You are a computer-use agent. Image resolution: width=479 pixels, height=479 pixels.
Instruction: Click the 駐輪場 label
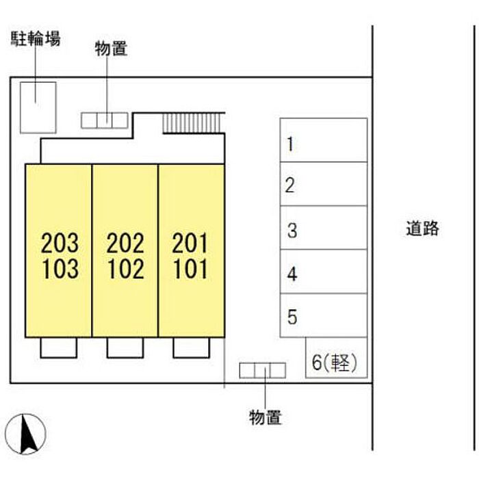pos(35,38)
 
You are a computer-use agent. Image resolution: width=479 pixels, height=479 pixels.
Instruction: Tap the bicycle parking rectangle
pos(38,106)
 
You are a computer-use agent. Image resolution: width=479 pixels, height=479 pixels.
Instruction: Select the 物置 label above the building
pos(111,49)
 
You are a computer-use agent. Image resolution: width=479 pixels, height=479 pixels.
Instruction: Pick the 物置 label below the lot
pos(265,416)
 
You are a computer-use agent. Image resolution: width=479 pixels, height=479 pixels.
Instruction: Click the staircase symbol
pos(192,122)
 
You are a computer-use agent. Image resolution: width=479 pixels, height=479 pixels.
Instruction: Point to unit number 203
pos(60,242)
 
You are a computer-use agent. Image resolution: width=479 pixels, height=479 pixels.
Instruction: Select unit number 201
pos(190,242)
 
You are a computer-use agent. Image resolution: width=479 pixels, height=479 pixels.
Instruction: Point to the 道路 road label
pos(421,229)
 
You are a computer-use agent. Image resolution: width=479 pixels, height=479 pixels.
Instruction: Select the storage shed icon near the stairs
pos(105,120)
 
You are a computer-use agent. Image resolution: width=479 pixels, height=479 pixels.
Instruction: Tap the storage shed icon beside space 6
pos(262,370)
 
